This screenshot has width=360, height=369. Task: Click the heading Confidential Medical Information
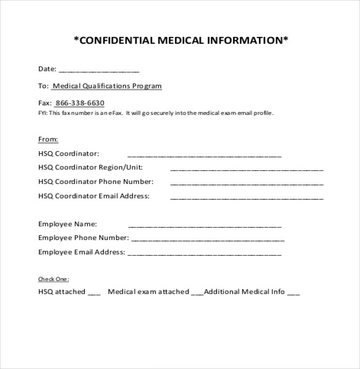pos(180,41)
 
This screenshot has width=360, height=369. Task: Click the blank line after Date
pos(99,70)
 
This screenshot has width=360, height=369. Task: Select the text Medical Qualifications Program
pos(107,86)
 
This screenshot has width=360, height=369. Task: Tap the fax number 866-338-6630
pos(79,103)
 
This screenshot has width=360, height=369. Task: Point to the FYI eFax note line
pos(156,113)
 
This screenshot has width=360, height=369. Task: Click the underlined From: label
pos(48,140)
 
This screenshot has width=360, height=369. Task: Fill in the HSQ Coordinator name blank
pos(204,155)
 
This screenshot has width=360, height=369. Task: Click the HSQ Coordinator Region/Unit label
pos(90,167)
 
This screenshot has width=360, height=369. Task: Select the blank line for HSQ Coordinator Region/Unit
pos(246,169)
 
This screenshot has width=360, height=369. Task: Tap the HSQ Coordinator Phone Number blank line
pos(246,183)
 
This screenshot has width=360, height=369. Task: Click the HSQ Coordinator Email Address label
pos(94,196)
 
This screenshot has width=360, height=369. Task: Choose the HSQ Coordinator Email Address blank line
pos(246,198)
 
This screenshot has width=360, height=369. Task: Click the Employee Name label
pos(67,224)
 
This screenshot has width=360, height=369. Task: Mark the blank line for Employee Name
pos(204,226)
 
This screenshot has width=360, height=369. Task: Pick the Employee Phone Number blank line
pos(207,240)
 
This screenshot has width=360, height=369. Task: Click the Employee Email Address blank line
pos(204,253)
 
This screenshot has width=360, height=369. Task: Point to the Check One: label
pos(54,279)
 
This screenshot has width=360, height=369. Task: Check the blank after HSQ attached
pos(94,293)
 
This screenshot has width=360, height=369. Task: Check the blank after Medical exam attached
pos(197,293)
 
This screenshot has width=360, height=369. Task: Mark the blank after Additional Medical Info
pos(294,293)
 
